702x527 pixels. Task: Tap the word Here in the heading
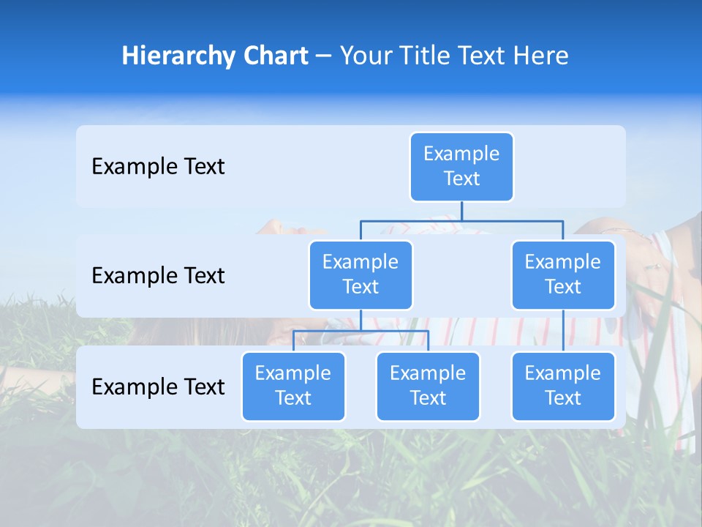point(540,56)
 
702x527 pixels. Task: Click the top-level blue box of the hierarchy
point(461,166)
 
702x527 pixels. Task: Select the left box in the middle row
point(361,274)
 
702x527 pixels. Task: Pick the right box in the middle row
point(563,274)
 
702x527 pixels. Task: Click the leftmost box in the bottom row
point(293,386)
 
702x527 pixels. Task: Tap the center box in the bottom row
point(428,386)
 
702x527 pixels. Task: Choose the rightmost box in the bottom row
point(563,386)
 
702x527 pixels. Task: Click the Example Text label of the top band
point(158,167)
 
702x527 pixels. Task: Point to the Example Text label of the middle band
point(158,276)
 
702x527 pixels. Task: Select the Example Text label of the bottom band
point(158,386)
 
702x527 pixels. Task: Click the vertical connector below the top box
point(461,211)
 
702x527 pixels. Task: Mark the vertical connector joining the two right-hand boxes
point(563,331)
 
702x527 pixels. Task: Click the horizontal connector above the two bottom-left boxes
point(361,331)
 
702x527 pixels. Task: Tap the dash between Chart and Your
point(324,56)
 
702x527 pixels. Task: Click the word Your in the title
point(364,56)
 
